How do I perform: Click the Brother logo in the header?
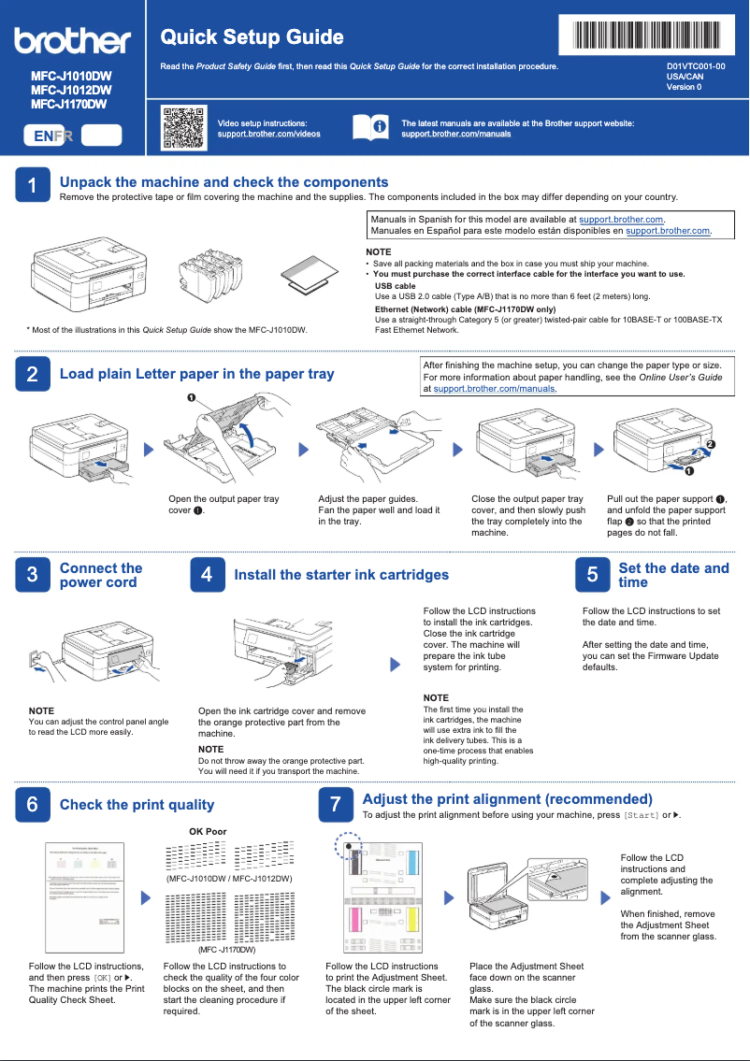(72, 40)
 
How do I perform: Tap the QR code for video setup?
(183, 128)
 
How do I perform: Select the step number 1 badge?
(32, 186)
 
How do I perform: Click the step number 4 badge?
(207, 575)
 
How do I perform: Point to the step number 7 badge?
(335, 804)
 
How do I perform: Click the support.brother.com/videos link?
(268, 134)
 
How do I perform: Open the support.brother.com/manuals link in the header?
(455, 134)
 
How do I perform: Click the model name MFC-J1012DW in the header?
(71, 90)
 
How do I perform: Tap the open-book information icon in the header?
(369, 127)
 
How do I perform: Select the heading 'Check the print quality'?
(137, 805)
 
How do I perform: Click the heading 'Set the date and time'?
(673, 575)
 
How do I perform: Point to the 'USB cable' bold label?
(395, 286)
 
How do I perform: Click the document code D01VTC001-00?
(695, 67)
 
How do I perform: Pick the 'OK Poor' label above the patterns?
(208, 831)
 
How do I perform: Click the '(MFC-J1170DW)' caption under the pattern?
(227, 950)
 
